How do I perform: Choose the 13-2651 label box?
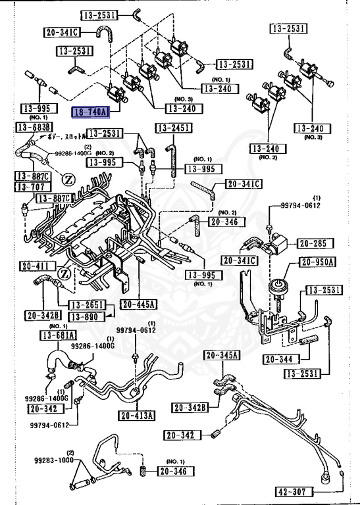click(86, 304)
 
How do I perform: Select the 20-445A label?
click(138, 304)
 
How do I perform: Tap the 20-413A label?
click(137, 416)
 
